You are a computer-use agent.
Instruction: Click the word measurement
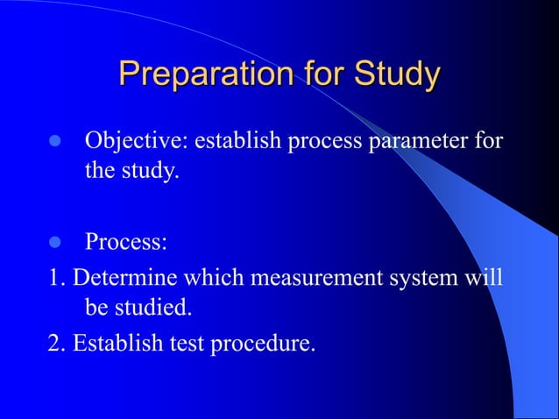(321, 279)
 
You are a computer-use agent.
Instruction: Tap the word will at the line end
(484, 279)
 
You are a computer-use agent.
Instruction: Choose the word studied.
(158, 309)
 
